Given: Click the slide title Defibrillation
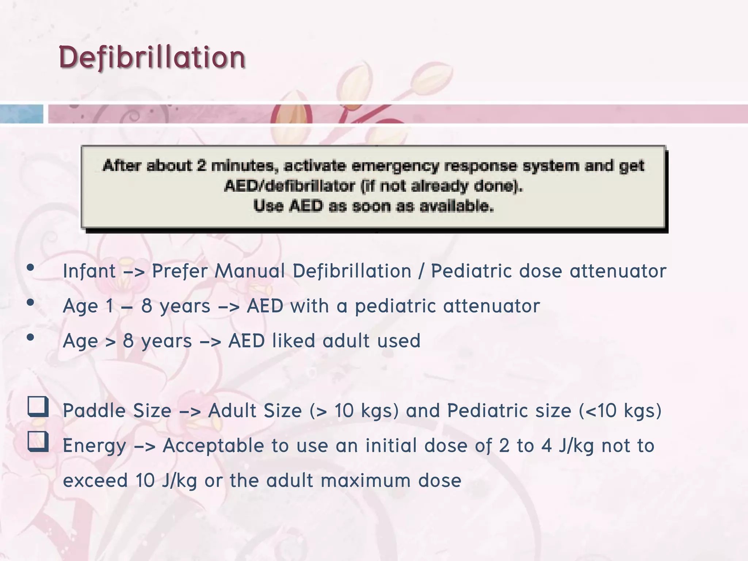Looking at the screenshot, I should [152, 57].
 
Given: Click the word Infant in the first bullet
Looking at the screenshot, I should [89, 271].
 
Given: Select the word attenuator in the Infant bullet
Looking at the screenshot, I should [618, 271].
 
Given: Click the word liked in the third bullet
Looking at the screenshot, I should [293, 341].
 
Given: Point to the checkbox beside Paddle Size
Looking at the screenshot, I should [38, 407].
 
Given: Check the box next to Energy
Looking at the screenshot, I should [38, 441].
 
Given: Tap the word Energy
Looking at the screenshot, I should [94, 446].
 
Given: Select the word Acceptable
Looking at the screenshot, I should [213, 446].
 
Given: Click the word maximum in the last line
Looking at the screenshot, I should [365, 480].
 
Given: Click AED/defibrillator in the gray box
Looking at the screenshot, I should [289, 186].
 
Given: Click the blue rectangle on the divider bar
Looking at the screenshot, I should [21, 114].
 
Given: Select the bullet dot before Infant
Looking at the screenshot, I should [30, 267].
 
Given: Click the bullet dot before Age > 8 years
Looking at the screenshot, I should [30, 337].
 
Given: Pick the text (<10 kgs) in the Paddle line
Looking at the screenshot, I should [620, 411].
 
